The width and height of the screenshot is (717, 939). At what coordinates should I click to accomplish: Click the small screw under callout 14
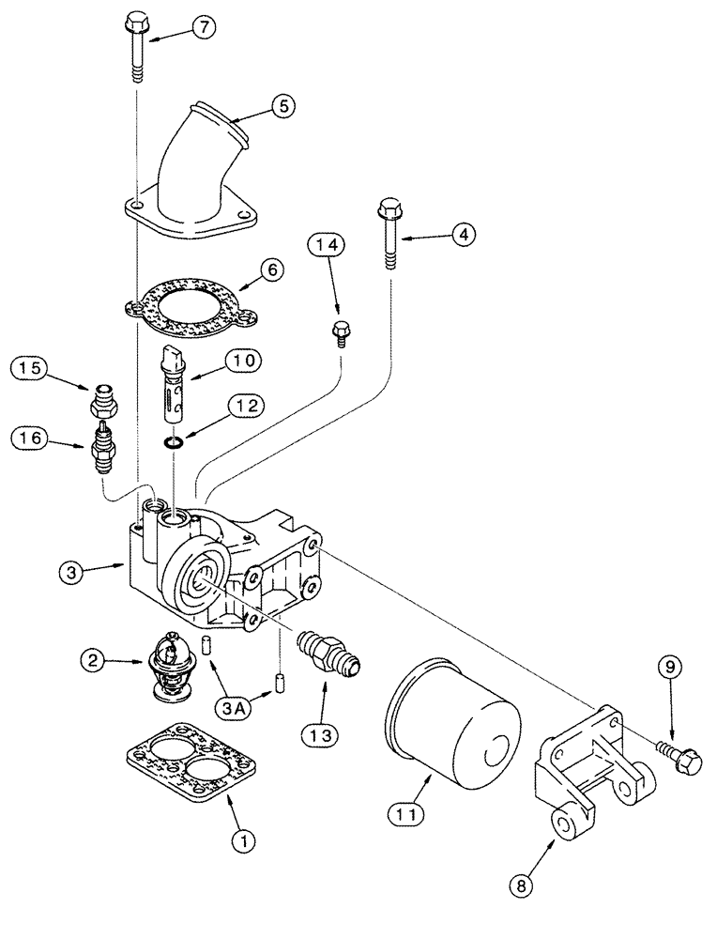[341, 331]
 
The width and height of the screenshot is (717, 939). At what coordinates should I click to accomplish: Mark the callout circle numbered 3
[74, 569]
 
